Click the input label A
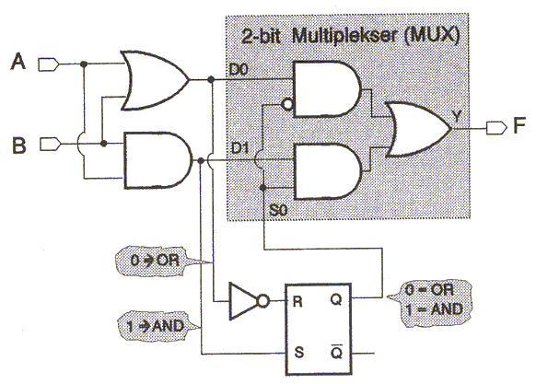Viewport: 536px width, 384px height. pyautogui.click(x=18, y=61)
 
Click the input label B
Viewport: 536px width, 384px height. pyautogui.click(x=19, y=145)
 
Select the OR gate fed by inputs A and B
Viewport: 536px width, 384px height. pyautogui.click(x=154, y=81)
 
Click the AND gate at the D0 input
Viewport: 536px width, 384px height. pyautogui.click(x=326, y=89)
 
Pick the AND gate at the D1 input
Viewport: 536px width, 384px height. pyautogui.click(x=327, y=171)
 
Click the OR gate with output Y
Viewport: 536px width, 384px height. pyautogui.click(x=418, y=129)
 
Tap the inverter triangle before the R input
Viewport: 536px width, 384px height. pyautogui.click(x=243, y=301)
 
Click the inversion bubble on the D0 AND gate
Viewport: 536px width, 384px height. pyautogui.click(x=287, y=104)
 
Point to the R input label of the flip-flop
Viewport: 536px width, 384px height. pyautogui.click(x=297, y=302)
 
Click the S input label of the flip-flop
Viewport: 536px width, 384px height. pyautogui.click(x=298, y=352)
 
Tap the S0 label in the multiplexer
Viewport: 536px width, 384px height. pyautogui.click(x=279, y=210)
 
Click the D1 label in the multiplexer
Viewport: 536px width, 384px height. pyautogui.click(x=240, y=148)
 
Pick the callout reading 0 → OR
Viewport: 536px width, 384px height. pyautogui.click(x=155, y=261)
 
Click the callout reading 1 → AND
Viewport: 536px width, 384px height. pyautogui.click(x=155, y=326)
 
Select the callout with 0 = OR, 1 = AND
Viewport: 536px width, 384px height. pyautogui.click(x=431, y=301)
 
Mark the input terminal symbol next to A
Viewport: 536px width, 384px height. pyautogui.click(x=49, y=64)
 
